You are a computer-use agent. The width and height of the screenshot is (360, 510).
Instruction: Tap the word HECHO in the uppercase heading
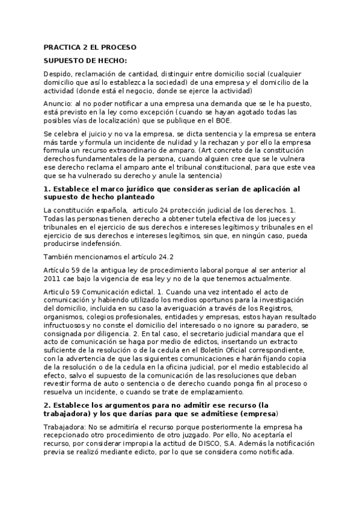click(109, 61)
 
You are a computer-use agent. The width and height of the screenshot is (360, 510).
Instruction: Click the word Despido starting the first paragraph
click(57, 75)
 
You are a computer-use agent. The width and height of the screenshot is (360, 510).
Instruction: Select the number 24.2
click(150, 257)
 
